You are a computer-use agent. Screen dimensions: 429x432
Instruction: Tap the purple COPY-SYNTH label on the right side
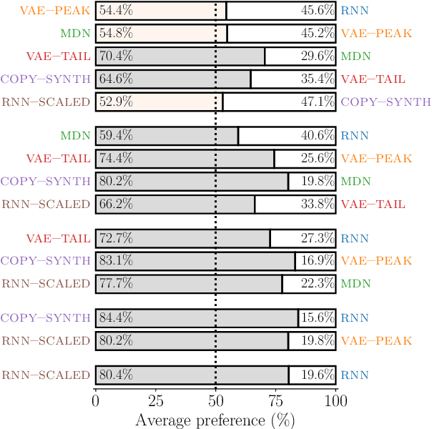coord(386,102)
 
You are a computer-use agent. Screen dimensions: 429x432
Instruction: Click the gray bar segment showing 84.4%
coord(197,317)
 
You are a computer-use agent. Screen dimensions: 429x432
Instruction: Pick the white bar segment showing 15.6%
coord(317,317)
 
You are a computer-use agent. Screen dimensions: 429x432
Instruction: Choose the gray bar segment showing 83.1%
coord(195,261)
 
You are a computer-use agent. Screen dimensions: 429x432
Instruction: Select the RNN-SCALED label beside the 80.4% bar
coord(46,374)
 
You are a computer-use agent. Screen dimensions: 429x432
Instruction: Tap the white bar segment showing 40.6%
coord(287,136)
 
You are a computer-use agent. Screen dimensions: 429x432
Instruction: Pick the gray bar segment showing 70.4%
coord(180,56)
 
